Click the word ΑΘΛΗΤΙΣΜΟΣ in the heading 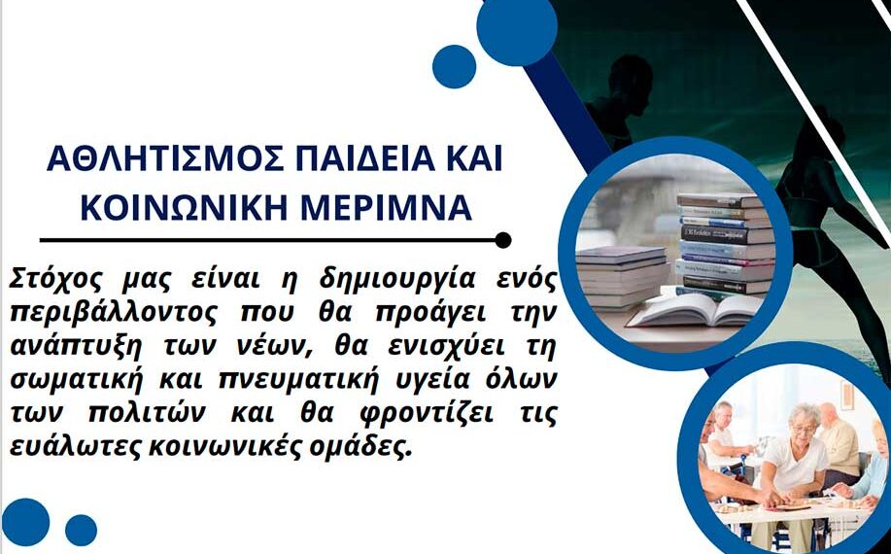tap(165, 159)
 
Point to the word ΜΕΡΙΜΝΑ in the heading tap(387, 209)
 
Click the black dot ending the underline tap(503, 240)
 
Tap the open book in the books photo tap(695, 311)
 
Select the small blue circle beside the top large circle tap(454, 66)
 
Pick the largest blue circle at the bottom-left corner tap(25, 523)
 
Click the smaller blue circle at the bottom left tap(81, 530)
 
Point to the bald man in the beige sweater tap(839, 437)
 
